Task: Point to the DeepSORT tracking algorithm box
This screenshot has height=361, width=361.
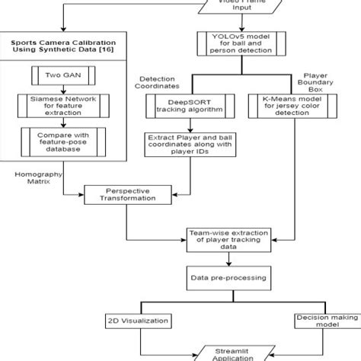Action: coord(185,104)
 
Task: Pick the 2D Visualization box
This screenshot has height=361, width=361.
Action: coord(139,321)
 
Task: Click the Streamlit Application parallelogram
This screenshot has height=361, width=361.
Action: coord(228,352)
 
